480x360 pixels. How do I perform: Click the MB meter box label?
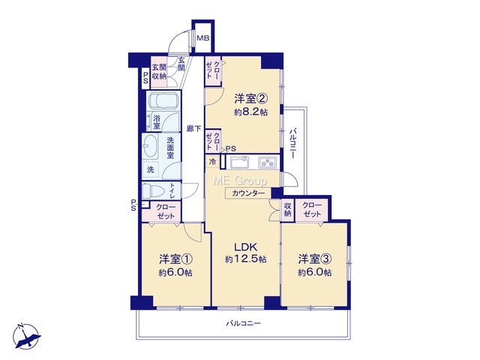pyautogui.click(x=203, y=38)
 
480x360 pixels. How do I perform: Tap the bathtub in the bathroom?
pyautogui.click(x=163, y=100)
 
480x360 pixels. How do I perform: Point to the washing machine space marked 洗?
pyautogui.click(x=150, y=169)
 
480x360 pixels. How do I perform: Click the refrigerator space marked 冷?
pyautogui.click(x=212, y=161)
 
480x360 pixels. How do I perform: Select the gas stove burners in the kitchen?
pyautogui.click(x=268, y=162)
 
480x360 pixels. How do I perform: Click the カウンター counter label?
pyautogui.click(x=248, y=193)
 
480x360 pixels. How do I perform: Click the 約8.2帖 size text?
pyautogui.click(x=250, y=112)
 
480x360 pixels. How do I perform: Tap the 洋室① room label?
pyautogui.click(x=175, y=259)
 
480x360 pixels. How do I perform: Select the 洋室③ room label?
pyautogui.click(x=315, y=259)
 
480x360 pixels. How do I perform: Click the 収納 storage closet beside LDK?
pyautogui.click(x=287, y=210)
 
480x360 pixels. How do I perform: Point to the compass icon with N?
pyautogui.click(x=26, y=336)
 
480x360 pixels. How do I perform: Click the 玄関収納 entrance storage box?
pyautogui.click(x=159, y=72)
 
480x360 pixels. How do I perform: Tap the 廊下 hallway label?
pyautogui.click(x=194, y=128)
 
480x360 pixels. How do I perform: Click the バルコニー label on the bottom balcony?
pyautogui.click(x=244, y=323)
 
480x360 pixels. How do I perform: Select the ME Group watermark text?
pyautogui.click(x=240, y=181)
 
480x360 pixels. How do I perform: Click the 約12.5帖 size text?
pyautogui.click(x=246, y=259)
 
